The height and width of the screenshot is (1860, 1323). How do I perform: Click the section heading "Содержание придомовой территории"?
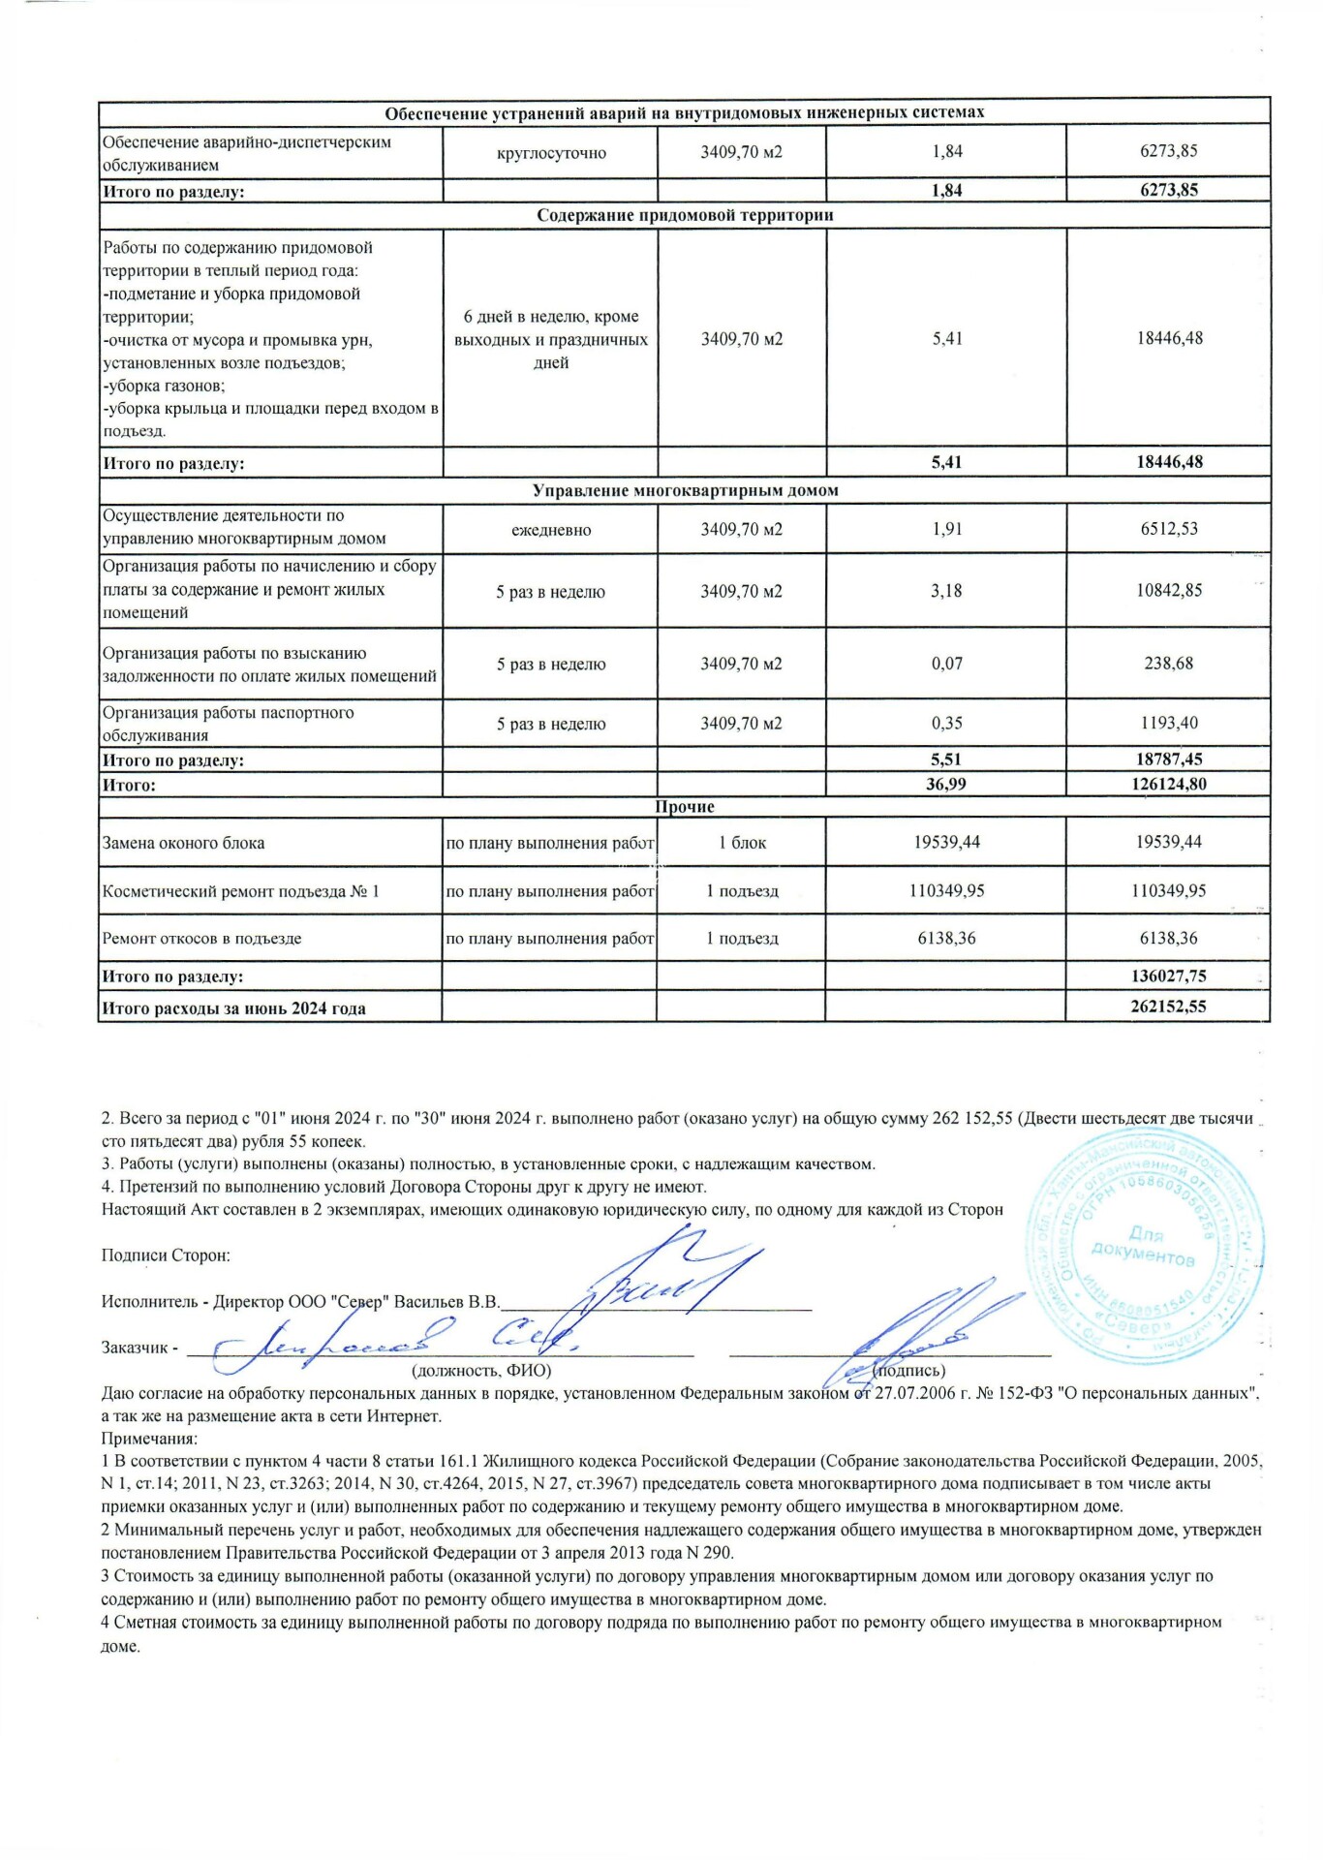(685, 215)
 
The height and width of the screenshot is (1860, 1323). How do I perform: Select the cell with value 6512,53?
(1168, 529)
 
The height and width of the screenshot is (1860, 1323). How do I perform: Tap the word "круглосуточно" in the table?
(550, 153)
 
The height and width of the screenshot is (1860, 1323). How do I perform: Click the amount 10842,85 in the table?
(1168, 591)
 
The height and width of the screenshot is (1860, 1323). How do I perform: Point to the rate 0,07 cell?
(946, 664)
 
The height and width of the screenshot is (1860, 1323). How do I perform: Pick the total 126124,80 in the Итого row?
(1168, 784)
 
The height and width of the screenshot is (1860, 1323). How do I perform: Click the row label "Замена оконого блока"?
(183, 843)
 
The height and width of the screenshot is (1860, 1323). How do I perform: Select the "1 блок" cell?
(742, 843)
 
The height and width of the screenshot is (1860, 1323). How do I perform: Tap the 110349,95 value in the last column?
(1168, 890)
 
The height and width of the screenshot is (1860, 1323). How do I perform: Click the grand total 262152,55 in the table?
(1168, 1007)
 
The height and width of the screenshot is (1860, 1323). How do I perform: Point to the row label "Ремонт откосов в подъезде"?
(201, 939)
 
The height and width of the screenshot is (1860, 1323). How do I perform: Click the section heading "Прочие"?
(685, 807)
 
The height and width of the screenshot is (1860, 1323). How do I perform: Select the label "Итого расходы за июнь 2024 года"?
(233, 1008)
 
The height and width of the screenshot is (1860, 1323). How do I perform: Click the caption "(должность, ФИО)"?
(481, 1371)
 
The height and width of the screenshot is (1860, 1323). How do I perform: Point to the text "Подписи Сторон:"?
(166, 1255)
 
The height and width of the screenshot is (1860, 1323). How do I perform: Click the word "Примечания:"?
(149, 1439)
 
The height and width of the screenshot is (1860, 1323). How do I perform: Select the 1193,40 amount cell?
(1168, 724)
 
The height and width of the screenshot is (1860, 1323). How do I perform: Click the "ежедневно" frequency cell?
(550, 530)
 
